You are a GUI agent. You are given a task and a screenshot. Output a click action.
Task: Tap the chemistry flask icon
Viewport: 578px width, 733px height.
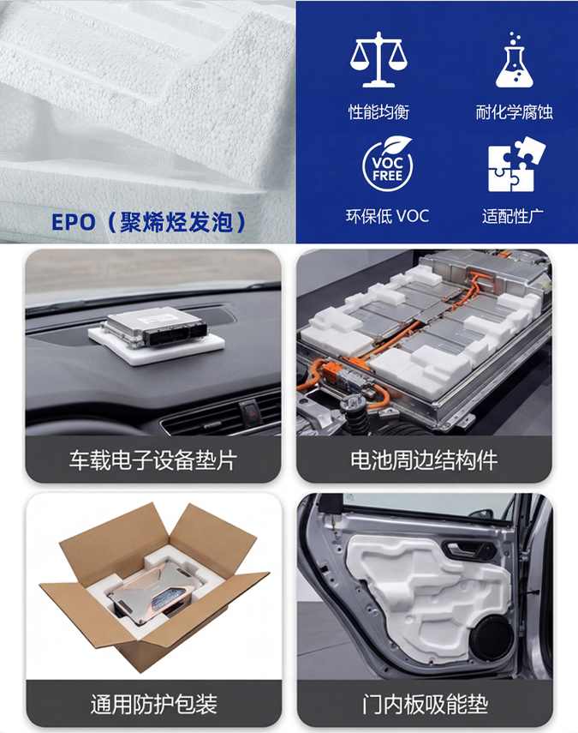[x=514, y=60]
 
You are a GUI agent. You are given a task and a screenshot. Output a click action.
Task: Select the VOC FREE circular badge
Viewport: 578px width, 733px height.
[x=388, y=163]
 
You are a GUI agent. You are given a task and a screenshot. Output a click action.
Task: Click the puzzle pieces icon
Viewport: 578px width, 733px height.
[x=516, y=164]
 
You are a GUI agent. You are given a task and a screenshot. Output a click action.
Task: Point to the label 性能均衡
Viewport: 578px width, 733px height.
[x=378, y=112]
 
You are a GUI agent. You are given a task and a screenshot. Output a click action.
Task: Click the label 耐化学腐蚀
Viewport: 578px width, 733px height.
[x=514, y=112]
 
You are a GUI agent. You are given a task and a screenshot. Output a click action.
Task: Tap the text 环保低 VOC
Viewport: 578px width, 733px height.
[x=387, y=216]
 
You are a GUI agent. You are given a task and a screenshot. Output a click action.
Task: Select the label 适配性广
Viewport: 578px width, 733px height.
[x=513, y=216]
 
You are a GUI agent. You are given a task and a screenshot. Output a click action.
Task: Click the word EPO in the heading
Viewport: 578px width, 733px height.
[x=74, y=222]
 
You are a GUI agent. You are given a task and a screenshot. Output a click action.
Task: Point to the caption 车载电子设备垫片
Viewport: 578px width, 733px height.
[x=153, y=460]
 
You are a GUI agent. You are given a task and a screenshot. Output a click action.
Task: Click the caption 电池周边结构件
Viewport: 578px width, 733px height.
[x=424, y=460]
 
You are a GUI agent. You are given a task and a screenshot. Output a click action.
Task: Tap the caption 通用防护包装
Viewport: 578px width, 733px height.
[x=153, y=704]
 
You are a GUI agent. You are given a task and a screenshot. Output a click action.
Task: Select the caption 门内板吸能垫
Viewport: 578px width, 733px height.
[x=425, y=704]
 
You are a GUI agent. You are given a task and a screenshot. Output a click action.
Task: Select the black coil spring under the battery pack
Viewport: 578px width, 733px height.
[x=358, y=420]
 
